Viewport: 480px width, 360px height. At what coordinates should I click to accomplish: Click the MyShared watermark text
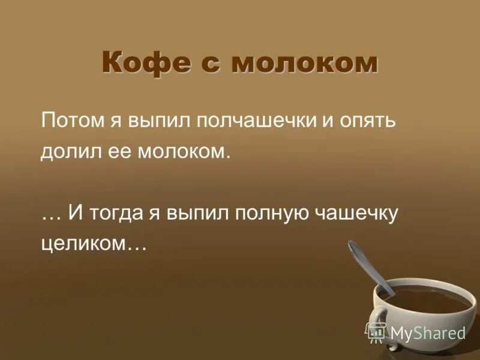tap(427, 332)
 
